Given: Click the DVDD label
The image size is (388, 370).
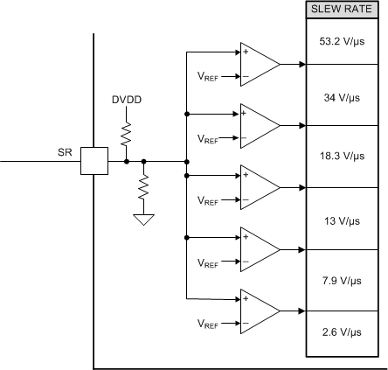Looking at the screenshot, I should [126, 100].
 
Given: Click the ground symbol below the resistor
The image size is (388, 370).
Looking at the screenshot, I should [143, 220].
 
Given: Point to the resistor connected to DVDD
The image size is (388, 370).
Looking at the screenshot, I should [126, 133].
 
